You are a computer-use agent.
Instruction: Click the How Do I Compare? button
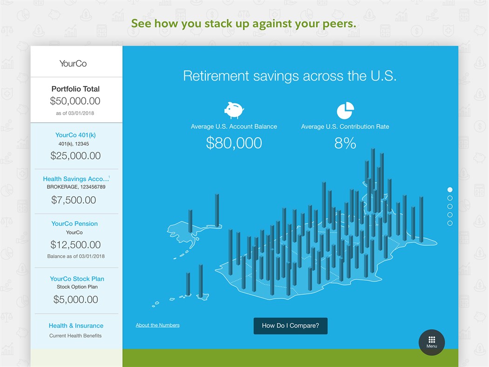[x=290, y=325]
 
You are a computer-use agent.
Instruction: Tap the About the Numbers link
[x=157, y=325]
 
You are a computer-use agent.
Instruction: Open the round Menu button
[x=431, y=342]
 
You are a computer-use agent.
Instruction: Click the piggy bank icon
[x=234, y=110]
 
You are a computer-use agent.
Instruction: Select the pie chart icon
[x=345, y=111]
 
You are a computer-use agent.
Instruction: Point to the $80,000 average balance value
[x=234, y=143]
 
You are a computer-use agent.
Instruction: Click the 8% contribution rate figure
[x=345, y=143]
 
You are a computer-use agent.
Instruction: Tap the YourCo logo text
[x=73, y=63]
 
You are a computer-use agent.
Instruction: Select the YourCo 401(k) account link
[x=75, y=135]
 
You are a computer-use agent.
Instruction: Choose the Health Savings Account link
[x=75, y=179]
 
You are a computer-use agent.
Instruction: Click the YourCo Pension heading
[x=75, y=223]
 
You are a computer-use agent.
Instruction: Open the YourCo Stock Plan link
[x=77, y=279]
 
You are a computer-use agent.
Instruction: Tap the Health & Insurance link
[x=76, y=325]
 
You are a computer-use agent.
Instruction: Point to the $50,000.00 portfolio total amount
[x=75, y=101]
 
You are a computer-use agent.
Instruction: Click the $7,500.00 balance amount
[x=74, y=200]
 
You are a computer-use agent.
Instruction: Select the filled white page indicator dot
[x=450, y=190]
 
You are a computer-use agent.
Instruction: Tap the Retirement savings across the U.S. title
[x=290, y=76]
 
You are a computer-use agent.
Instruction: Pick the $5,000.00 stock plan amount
[x=75, y=299]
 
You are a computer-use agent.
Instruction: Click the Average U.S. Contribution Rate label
[x=345, y=126]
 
